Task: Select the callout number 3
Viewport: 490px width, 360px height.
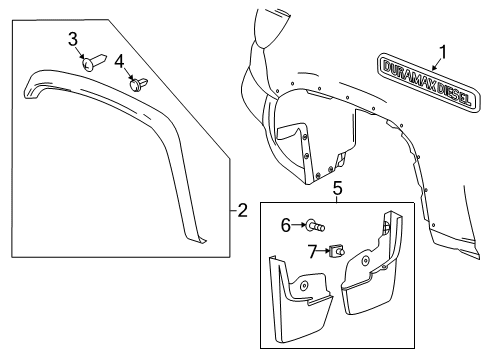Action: [73, 40]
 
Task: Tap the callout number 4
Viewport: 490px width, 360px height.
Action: [119, 63]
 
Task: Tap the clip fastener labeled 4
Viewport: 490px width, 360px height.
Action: [137, 84]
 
